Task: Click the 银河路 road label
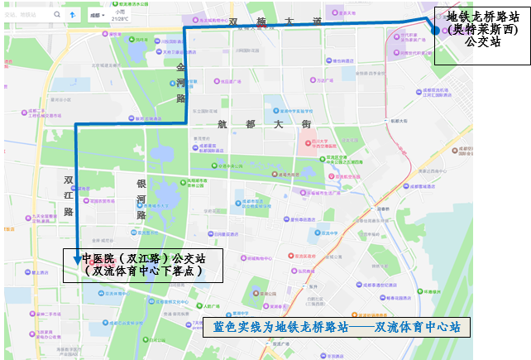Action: [142, 199]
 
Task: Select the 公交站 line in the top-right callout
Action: [483, 44]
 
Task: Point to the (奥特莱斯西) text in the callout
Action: [483, 30]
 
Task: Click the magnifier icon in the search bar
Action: [57, 15]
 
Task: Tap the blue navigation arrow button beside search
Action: [72, 15]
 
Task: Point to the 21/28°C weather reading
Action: [121, 18]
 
